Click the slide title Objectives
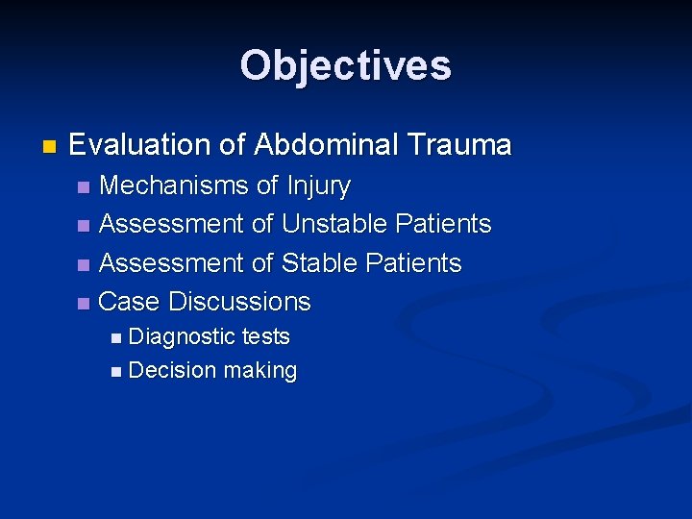point(345,66)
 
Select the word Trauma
point(459,145)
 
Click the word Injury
point(317,185)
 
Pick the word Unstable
point(334,224)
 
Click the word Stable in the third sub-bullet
point(319,262)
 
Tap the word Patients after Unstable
point(443,224)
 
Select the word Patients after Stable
point(413,262)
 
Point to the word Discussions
point(239,302)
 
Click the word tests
point(266,337)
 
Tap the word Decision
point(170,371)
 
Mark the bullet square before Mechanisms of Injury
point(84,186)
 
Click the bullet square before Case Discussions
point(84,304)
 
